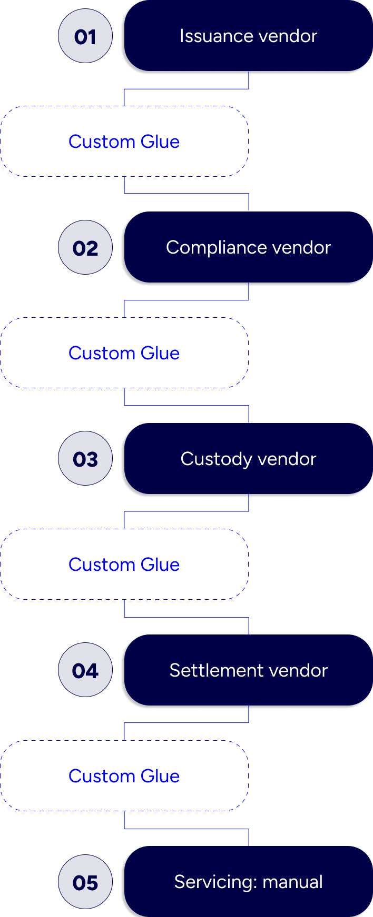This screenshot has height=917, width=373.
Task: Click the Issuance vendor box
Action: tap(248, 36)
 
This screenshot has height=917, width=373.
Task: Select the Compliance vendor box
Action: tap(248, 247)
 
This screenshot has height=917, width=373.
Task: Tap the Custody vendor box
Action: tap(248, 459)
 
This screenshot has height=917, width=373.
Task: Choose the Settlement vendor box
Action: tap(248, 670)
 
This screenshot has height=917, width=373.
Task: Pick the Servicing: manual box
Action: tap(248, 882)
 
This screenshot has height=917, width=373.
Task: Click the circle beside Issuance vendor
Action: tap(85, 36)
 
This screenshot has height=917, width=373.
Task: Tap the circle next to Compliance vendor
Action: tap(85, 247)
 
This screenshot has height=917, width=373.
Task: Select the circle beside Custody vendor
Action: tap(85, 459)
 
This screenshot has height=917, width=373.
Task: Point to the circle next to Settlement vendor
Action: tap(85, 670)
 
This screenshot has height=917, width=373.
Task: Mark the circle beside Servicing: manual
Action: tap(85, 882)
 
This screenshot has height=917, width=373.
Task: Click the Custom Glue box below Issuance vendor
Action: tap(124, 142)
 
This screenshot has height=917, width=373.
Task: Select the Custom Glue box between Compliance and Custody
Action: tap(124, 353)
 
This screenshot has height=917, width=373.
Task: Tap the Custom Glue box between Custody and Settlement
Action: tap(124, 565)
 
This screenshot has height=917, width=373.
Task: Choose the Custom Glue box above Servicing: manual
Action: tap(124, 776)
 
